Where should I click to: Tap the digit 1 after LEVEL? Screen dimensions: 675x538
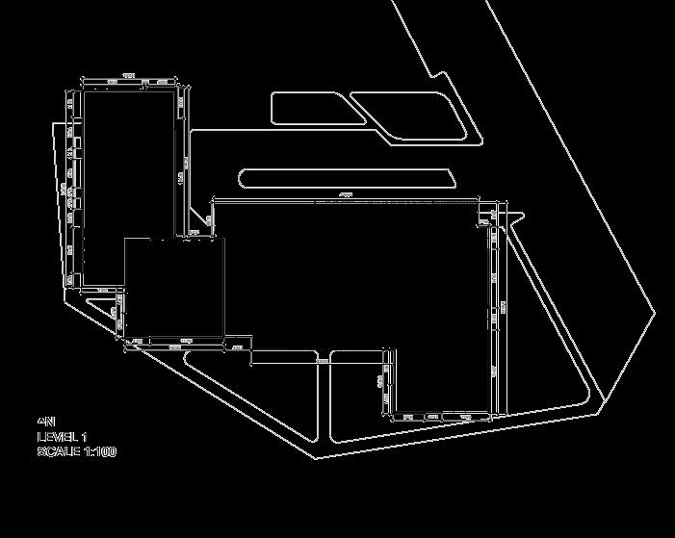click(84, 437)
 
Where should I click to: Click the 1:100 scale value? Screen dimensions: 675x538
click(100, 451)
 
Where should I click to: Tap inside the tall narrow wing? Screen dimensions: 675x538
click(129, 183)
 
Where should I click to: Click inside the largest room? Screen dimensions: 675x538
click(347, 279)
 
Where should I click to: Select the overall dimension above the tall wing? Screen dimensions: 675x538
click(128, 76)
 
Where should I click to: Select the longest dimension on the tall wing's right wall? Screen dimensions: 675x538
click(182, 178)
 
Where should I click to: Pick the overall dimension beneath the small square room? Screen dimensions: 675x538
click(186, 342)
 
